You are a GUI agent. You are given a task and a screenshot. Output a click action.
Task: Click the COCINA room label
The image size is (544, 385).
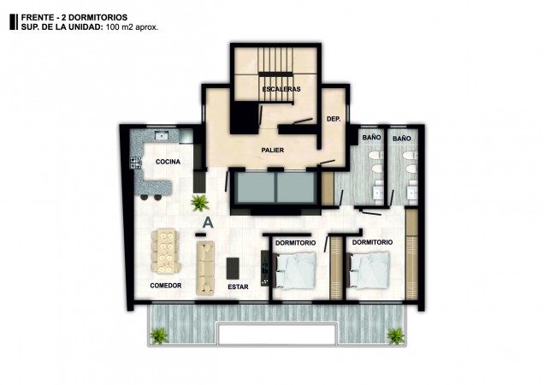click(168, 162)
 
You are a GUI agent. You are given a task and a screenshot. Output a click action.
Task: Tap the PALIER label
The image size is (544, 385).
click(273, 151)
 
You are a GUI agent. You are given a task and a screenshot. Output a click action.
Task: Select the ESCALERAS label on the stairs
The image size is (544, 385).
click(281, 89)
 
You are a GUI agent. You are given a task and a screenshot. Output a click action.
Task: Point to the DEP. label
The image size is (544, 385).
click(334, 119)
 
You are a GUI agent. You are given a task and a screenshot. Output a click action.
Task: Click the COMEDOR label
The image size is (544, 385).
click(166, 286)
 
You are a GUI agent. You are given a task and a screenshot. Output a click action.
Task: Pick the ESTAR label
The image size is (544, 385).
click(238, 287)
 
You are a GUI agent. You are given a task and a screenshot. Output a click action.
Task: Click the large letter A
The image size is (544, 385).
click(208, 222)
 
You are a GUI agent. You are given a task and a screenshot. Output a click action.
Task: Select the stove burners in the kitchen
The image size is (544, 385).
click(136, 163)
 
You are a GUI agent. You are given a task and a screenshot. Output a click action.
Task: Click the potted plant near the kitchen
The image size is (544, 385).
click(200, 203)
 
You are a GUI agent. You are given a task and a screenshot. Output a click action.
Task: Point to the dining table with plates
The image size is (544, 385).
click(165, 251)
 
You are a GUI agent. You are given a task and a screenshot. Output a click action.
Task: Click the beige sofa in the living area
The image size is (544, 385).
click(205, 268)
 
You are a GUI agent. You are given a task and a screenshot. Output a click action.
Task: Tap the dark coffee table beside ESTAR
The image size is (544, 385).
click(233, 268)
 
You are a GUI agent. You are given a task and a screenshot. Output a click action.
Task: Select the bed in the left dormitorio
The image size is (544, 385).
click(295, 270)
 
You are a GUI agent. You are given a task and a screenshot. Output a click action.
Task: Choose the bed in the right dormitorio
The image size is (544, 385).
click(369, 270)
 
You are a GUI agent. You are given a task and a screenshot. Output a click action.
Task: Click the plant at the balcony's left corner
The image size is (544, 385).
click(159, 335)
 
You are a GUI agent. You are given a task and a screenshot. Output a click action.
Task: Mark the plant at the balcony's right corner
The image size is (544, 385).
click(395, 335)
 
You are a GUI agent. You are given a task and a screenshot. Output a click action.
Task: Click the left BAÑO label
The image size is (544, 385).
click(371, 138)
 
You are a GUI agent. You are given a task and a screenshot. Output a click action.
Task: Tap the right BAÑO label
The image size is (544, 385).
click(402, 139)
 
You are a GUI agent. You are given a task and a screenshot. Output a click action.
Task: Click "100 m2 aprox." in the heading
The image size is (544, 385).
click(133, 27)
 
